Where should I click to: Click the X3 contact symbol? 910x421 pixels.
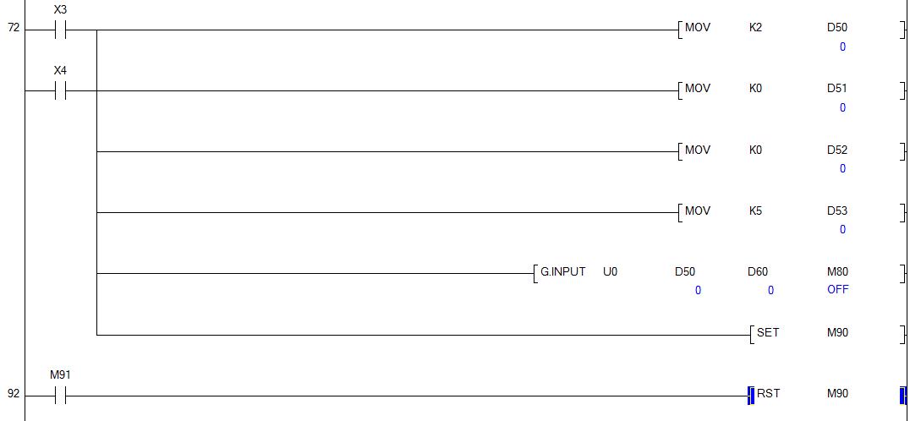(60, 30)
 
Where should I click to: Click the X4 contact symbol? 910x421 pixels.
(60, 90)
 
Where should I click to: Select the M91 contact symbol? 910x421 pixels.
(60, 395)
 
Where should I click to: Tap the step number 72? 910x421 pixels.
(13, 28)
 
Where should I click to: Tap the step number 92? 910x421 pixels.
(13, 393)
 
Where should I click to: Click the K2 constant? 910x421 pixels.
(755, 27)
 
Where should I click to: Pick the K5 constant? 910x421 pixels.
(755, 210)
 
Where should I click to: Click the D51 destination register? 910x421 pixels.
(836, 88)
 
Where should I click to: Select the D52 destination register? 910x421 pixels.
(836, 150)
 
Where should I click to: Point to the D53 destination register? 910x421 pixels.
(836, 210)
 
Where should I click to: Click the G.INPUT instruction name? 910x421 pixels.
(562, 271)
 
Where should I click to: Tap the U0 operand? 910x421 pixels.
(610, 271)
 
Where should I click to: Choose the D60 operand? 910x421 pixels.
(758, 271)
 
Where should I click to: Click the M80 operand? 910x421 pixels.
(837, 271)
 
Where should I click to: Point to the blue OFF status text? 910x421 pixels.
(837, 289)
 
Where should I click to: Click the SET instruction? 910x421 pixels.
(767, 332)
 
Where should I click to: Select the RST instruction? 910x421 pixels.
(767, 393)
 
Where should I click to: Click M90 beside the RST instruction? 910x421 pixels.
(837, 393)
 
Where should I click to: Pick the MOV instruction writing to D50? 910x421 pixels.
(697, 27)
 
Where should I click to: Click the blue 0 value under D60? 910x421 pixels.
(770, 290)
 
